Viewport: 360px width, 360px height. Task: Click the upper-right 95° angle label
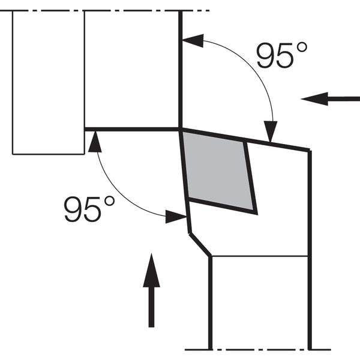pyautogui.click(x=281, y=55)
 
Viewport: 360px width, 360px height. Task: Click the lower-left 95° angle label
pyautogui.click(x=89, y=209)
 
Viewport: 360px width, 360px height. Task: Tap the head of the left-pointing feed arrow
pyautogui.click(x=314, y=99)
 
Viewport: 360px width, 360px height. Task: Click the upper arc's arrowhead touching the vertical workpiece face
pyautogui.click(x=193, y=40)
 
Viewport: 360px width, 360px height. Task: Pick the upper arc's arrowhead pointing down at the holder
pyautogui.click(x=271, y=131)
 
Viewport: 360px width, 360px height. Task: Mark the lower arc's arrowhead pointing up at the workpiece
pyautogui.click(x=95, y=142)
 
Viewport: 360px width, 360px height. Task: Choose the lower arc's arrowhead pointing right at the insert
pyautogui.click(x=176, y=217)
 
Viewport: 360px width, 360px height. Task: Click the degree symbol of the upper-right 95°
pyautogui.click(x=302, y=47)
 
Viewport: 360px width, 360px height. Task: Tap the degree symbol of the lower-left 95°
pyautogui.click(x=109, y=202)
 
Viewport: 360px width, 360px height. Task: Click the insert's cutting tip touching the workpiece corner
pyautogui.click(x=181, y=130)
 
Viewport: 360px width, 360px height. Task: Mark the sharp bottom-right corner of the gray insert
pyautogui.click(x=256, y=214)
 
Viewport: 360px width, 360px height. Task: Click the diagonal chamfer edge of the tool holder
pyautogui.click(x=199, y=245)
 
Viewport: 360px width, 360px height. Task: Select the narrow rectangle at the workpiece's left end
pyautogui.click(x=49, y=82)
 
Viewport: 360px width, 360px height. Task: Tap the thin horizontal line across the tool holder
pyautogui.click(x=259, y=256)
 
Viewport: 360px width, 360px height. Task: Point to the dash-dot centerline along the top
pyautogui.click(x=104, y=11)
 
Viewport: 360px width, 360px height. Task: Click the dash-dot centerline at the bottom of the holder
pyautogui.click(x=258, y=350)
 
